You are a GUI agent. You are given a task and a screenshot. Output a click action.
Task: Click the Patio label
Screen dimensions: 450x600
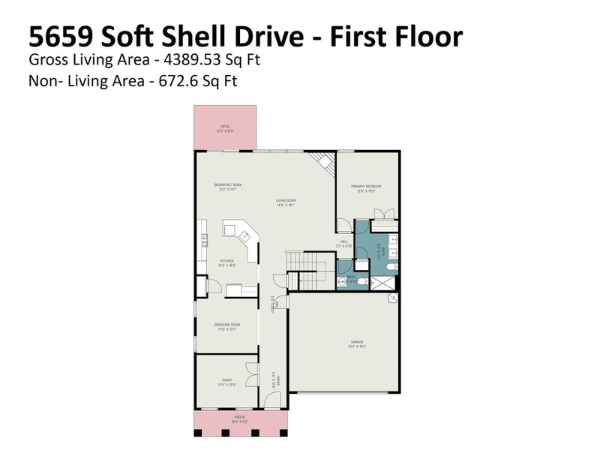click(225, 128)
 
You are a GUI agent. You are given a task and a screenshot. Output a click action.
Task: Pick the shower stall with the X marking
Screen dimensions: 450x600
click(384, 282)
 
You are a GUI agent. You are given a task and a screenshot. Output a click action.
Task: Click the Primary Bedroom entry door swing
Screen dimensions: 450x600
click(343, 226)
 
